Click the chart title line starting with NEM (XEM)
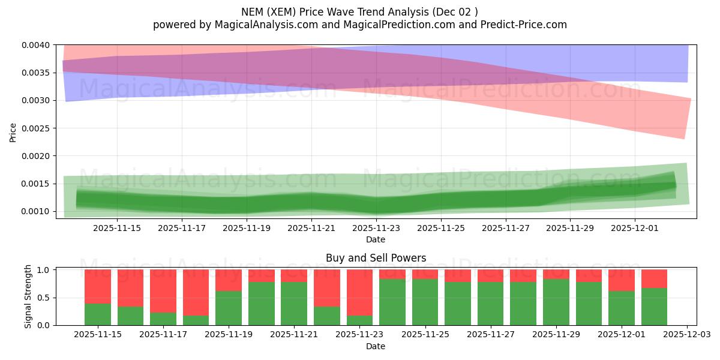click(x=359, y=12)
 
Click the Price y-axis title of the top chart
click(x=13, y=132)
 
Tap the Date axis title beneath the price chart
click(x=376, y=239)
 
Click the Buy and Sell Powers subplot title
click(x=376, y=258)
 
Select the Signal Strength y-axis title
click(x=28, y=298)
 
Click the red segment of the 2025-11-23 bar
click(x=359, y=292)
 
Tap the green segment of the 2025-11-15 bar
click(x=98, y=314)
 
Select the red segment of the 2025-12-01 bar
click(x=621, y=280)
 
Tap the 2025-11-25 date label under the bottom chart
click(x=425, y=335)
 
